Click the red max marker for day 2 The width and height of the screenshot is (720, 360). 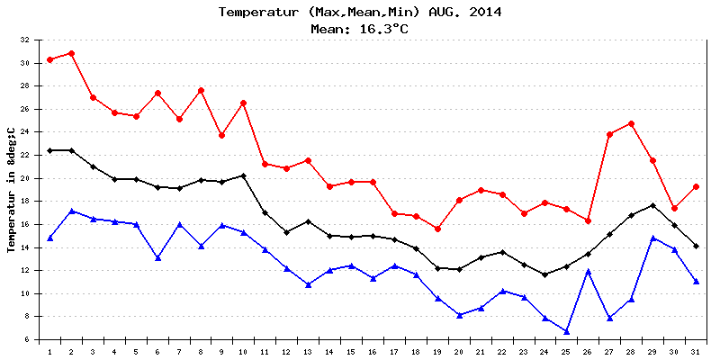coord(71,53)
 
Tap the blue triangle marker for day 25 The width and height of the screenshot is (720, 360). coord(567,331)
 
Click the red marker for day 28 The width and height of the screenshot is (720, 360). coord(632,123)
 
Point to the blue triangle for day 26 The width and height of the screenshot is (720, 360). coord(589,271)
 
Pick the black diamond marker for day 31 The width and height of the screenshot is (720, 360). coord(697,246)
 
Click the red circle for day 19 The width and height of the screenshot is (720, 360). coord(437,229)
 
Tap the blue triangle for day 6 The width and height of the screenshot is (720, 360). coord(157,257)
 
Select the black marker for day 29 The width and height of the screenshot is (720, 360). coord(653,205)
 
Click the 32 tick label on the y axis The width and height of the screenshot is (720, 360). coord(24,40)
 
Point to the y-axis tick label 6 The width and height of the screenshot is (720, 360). coord(27,339)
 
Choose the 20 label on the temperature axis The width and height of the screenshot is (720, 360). coord(24,178)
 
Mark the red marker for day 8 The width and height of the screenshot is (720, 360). coord(201,90)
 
